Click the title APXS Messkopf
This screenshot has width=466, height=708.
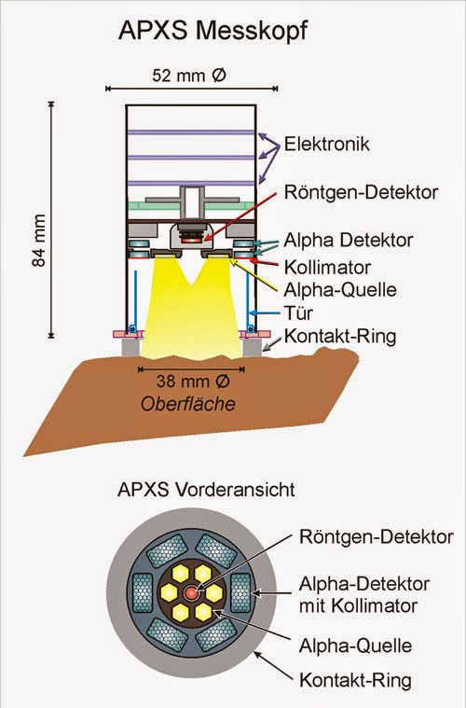click(x=212, y=32)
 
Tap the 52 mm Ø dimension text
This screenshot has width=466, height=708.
click(x=189, y=75)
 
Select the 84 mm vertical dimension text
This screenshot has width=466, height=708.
click(x=39, y=241)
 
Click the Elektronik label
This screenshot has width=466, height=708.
click(x=326, y=144)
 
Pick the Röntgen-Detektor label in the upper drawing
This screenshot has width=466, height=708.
click(x=361, y=192)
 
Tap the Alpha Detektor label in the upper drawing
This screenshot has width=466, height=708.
click(x=349, y=240)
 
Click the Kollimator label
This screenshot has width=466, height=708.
click(x=327, y=268)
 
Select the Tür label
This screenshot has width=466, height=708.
click(x=298, y=312)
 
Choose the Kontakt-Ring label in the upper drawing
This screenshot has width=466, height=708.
click(x=340, y=337)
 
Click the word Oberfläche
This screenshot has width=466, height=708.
click(x=188, y=404)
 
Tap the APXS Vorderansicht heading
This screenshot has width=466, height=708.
click(x=206, y=490)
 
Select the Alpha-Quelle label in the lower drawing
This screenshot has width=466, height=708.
click(x=355, y=646)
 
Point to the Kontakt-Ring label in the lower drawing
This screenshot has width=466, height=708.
click(x=355, y=680)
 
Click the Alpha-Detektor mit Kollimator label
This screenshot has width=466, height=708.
click(x=364, y=595)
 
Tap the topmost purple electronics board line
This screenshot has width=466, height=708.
click(x=191, y=132)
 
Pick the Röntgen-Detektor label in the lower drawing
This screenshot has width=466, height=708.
click(x=377, y=537)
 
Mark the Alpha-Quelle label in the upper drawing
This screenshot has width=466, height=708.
click(x=340, y=289)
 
